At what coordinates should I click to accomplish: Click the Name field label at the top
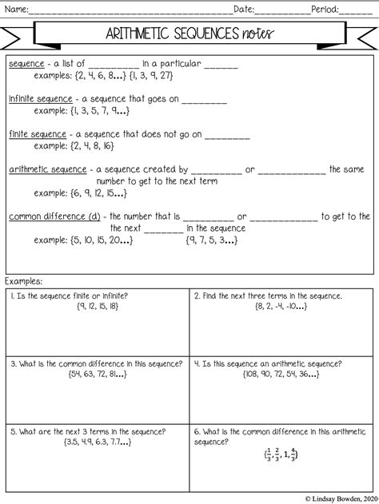(x=18, y=10)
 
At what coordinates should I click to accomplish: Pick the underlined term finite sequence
(x=34, y=135)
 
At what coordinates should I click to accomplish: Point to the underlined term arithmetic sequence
(x=47, y=169)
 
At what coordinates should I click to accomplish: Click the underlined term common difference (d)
(x=55, y=216)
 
